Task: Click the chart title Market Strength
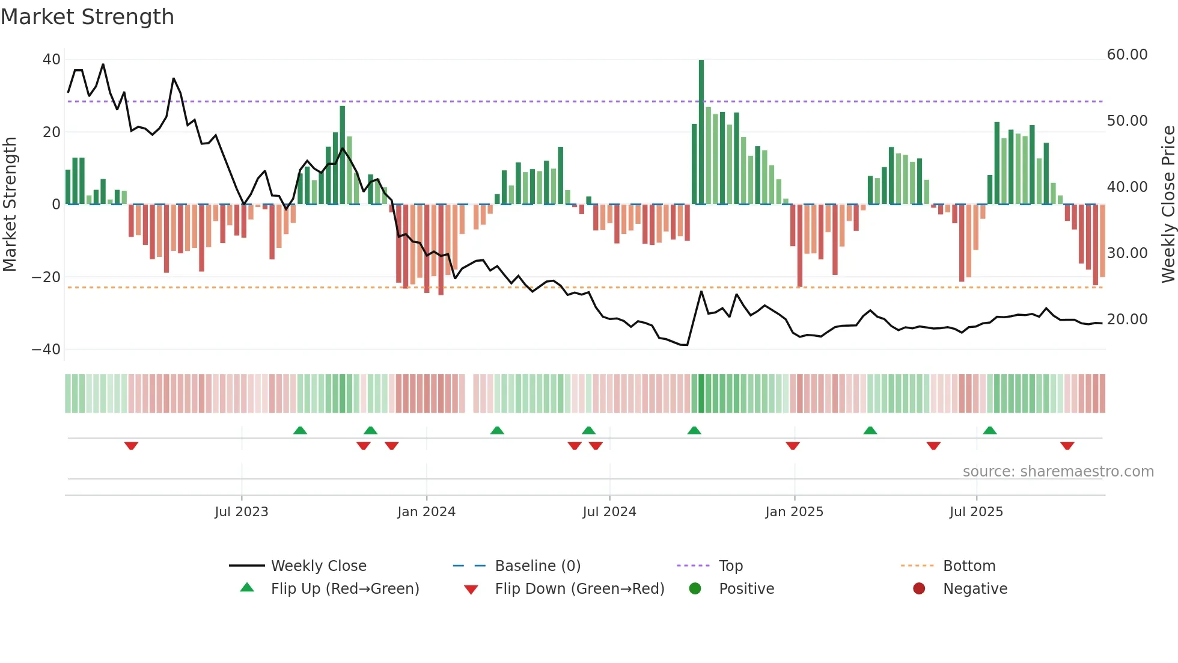(x=87, y=17)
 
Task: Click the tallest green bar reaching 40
(x=701, y=132)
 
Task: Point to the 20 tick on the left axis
(x=52, y=132)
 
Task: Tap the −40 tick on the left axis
(x=46, y=350)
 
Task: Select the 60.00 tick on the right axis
(x=1127, y=55)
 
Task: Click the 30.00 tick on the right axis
(x=1127, y=253)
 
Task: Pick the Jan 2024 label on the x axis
(x=426, y=512)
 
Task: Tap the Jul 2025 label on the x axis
(x=976, y=512)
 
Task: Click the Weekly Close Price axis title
(x=1168, y=205)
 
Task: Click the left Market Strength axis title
(x=10, y=205)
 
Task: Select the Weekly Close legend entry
(x=318, y=566)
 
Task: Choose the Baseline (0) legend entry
(x=537, y=566)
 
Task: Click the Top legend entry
(x=730, y=566)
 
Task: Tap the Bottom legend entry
(x=969, y=566)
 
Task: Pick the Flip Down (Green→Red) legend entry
(x=579, y=589)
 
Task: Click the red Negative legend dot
(x=919, y=588)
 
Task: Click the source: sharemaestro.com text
(x=1058, y=472)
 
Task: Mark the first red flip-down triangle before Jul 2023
(x=131, y=445)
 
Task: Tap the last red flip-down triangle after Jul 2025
(x=1067, y=445)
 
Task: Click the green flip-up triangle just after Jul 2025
(x=990, y=431)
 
